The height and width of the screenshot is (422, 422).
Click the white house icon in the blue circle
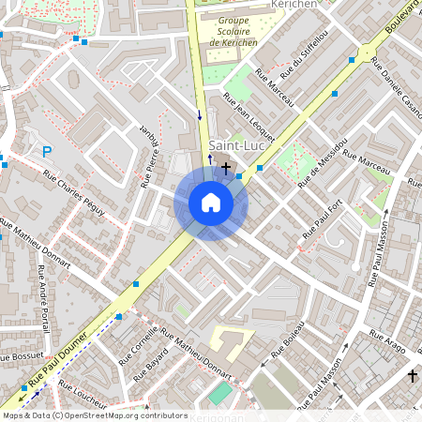coord(211,203)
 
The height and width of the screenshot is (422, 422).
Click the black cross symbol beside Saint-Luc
coord(226,166)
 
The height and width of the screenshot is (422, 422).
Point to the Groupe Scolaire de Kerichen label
coord(234,31)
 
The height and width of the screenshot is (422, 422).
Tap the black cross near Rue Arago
coord(411,375)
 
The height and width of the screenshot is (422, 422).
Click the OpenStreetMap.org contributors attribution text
coord(122,414)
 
